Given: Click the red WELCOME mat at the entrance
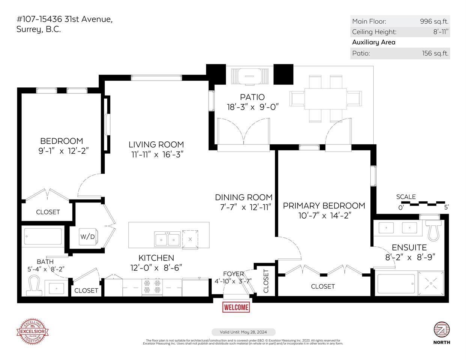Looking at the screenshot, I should pos(236,307).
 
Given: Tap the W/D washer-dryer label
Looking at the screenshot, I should pos(87,237).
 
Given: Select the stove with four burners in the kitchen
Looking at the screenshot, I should pos(152,286).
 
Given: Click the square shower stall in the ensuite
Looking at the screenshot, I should pos(430,283).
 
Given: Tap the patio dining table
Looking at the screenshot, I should pos(325,99).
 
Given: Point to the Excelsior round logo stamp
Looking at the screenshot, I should pos(32,331).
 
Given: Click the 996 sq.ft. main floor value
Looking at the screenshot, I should pos(434,21).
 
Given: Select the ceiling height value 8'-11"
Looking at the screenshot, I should pos(441,32).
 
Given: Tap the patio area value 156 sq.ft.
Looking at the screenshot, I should pos(435,53).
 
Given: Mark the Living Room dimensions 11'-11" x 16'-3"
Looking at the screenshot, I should pos(156,154).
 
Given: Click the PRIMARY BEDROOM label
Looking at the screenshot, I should pos(324,205).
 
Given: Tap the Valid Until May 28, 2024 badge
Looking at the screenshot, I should pos(244,332).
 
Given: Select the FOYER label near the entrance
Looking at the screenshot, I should pos(233,274).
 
